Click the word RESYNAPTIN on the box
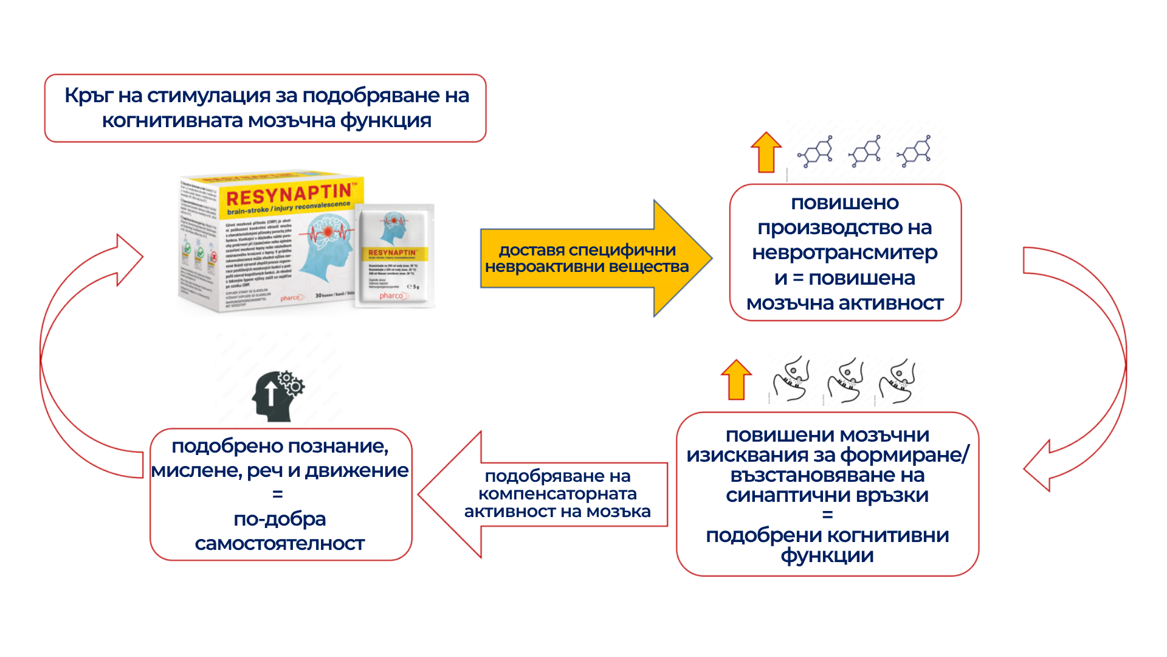click(288, 195)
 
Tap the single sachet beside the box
click(395, 255)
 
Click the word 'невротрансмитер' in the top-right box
click(845, 252)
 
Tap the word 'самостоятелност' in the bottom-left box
click(280, 543)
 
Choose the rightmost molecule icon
click(915, 151)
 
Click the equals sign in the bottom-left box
click(278, 495)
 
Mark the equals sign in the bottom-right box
click(827, 515)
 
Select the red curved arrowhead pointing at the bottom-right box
click(1037, 467)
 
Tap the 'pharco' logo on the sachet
click(391, 296)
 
